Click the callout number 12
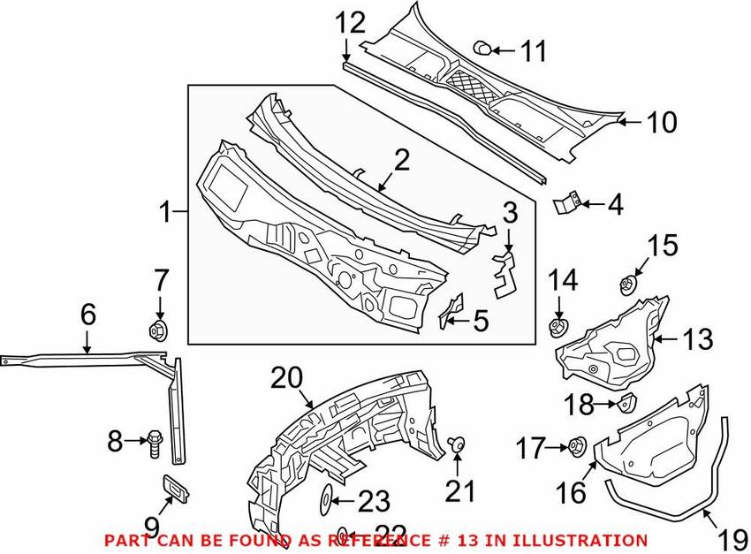click(x=350, y=23)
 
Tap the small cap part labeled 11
click(x=482, y=48)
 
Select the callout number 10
click(x=662, y=122)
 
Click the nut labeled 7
click(x=159, y=330)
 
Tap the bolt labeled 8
click(x=155, y=443)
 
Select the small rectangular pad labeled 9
click(x=175, y=489)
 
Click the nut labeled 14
click(x=558, y=328)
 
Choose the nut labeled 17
click(x=576, y=446)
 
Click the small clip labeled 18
click(x=626, y=402)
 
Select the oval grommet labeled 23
click(x=325, y=500)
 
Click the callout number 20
click(x=287, y=378)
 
